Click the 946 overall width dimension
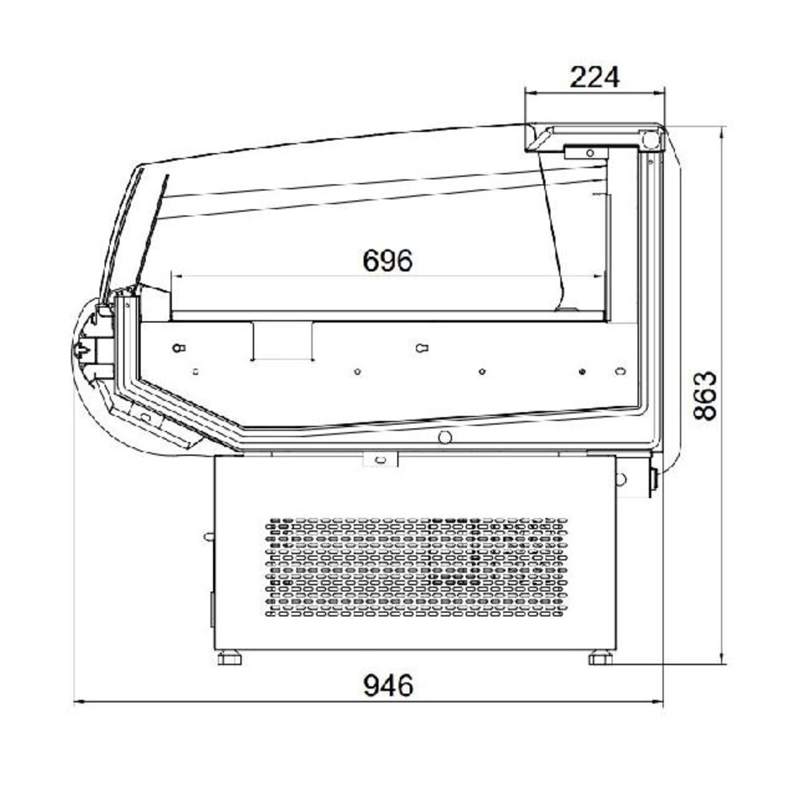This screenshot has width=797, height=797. tap(390, 685)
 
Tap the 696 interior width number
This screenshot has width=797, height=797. tap(388, 260)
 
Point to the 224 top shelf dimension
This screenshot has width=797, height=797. tap(595, 77)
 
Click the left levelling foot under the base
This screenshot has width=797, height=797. tap(231, 658)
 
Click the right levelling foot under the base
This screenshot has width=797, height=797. tap(600, 658)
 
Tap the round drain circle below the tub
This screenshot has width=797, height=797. tap(445, 437)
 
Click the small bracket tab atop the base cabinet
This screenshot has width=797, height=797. tap(379, 459)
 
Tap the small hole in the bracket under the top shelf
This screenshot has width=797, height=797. tap(589, 152)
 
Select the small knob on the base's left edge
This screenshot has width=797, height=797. tap(209, 536)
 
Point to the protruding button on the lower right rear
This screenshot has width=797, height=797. tap(654, 480)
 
